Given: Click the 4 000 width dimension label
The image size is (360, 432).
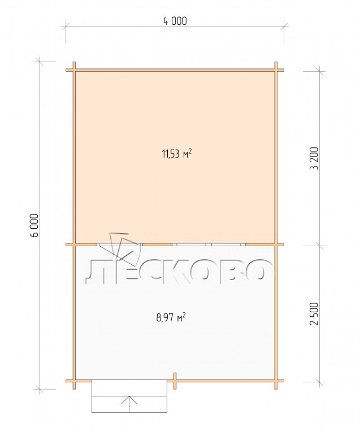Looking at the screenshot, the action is click(175, 21).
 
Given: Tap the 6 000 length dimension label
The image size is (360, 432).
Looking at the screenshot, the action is click(34, 225).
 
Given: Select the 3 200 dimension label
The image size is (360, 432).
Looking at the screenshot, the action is click(314, 159).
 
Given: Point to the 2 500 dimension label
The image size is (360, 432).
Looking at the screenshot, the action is click(314, 314).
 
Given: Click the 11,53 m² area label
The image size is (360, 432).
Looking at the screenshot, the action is click(176, 153).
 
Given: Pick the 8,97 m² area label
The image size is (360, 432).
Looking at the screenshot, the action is click(171, 317).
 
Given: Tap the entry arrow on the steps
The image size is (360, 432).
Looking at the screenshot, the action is click(129, 404).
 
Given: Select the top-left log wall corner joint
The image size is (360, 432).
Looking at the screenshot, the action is click(74, 70).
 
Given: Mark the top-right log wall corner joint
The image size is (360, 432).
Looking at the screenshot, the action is click(276, 70).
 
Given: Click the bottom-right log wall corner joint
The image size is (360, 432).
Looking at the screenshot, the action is click(276, 381).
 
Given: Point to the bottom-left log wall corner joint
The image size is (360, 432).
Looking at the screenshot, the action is click(74, 381).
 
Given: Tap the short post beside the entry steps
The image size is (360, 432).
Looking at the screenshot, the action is click(175, 381).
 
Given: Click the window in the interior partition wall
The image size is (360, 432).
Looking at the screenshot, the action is click(209, 245).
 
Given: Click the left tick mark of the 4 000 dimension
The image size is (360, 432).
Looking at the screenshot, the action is click(66, 27).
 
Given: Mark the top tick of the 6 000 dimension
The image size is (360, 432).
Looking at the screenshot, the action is click(40, 62).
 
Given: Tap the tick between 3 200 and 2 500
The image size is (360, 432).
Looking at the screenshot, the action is click(320, 246).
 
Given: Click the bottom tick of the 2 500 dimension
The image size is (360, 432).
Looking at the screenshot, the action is click(320, 382).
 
